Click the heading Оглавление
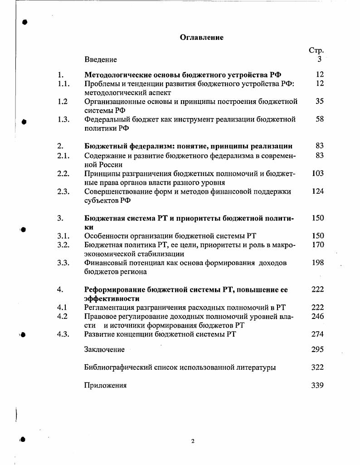coord(202,38)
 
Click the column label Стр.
coord(316,50)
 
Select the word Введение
coord(100,59)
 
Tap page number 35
coord(320,101)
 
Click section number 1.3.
coord(63,119)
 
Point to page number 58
coord(320,119)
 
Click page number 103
coord(318,173)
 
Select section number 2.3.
coord(63,191)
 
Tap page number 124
coord(318,191)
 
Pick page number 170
coord(318,245)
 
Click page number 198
coord(318,263)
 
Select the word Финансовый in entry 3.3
coord(105,263)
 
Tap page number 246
coord(318,316)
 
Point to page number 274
coord(318,334)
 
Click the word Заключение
coord(104,349)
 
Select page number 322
coord(318,367)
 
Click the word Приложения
coord(105,386)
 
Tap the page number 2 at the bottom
coord(193,441)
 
